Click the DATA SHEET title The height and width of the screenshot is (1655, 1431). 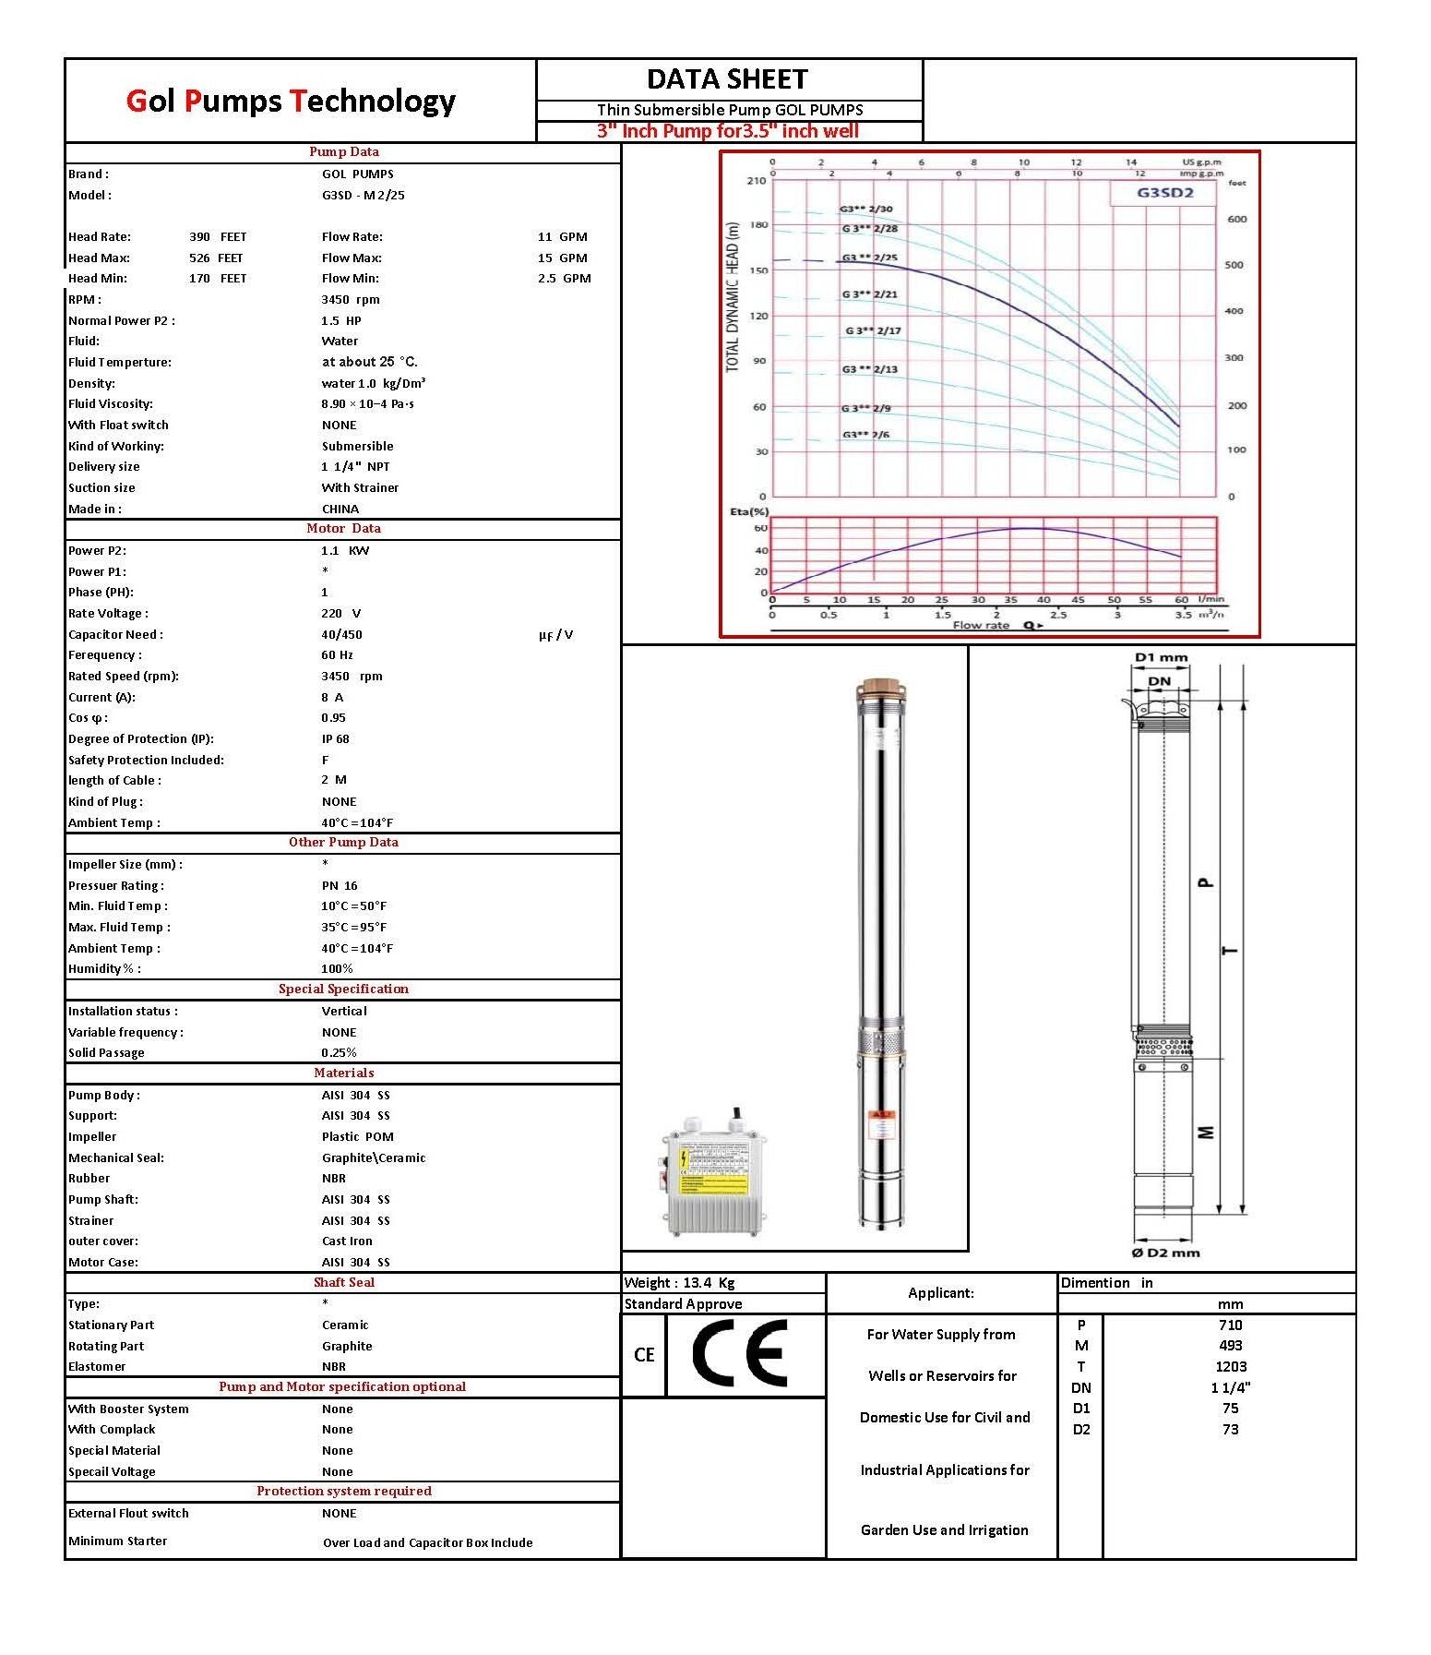point(727,79)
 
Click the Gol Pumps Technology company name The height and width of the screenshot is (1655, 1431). point(291,101)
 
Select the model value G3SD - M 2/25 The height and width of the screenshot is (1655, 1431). point(363,195)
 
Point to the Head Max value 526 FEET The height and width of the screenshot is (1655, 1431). point(217,258)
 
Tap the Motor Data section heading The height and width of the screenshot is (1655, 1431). point(343,528)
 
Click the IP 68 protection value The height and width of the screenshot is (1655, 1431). point(335,738)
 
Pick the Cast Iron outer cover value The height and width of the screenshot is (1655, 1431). point(346,1241)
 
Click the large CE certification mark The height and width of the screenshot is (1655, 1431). point(740,1353)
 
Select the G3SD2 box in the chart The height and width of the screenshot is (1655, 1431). point(1164,193)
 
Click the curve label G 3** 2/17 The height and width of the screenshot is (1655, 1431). point(873,330)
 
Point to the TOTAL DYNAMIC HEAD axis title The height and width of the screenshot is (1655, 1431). point(733,296)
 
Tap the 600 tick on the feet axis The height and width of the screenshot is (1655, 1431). point(1235,219)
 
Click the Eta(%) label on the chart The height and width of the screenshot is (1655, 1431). point(749,511)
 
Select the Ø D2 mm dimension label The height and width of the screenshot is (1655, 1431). point(1165,1253)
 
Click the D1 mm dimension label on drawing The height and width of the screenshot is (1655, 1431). point(1161,657)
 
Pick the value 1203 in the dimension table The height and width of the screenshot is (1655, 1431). point(1230,1366)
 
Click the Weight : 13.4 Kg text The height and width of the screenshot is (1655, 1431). point(679,1282)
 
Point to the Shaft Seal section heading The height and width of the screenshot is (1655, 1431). point(343,1282)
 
